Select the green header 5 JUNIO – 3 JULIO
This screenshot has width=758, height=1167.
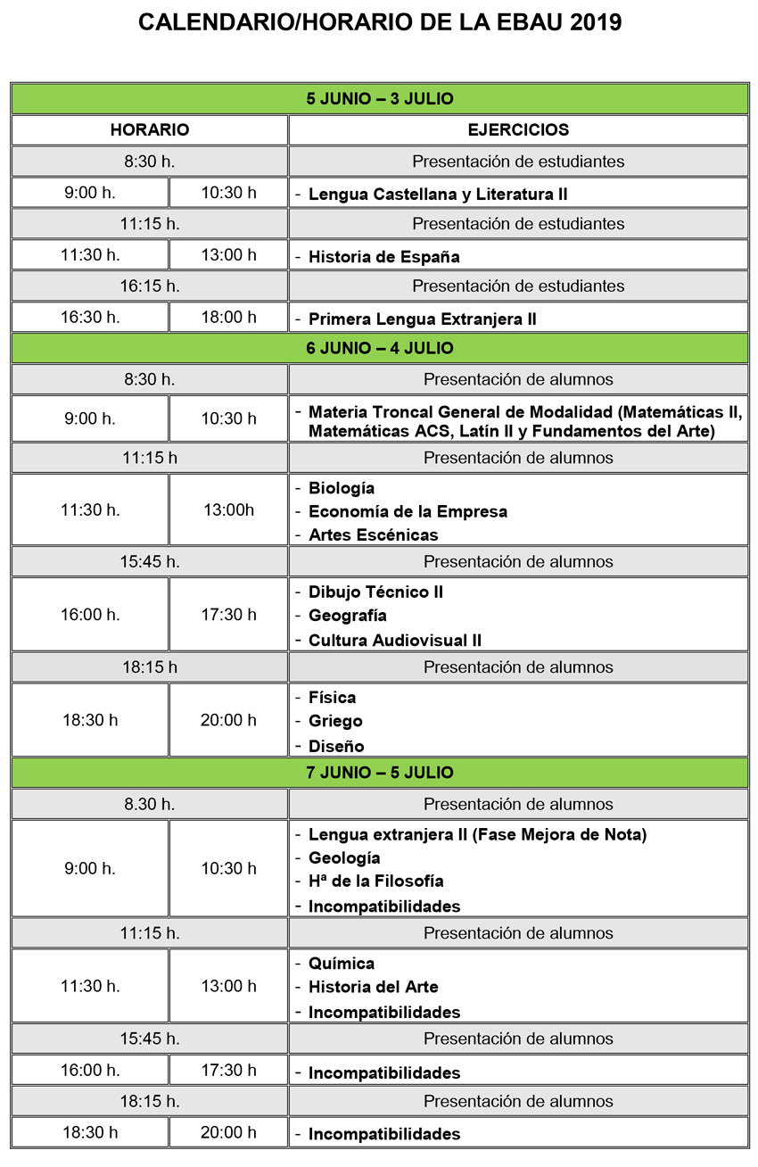coord(380,99)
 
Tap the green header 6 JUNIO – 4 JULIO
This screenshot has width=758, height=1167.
coord(380,349)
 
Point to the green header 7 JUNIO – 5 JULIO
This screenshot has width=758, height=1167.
coord(380,773)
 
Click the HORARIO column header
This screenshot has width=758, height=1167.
coord(150,130)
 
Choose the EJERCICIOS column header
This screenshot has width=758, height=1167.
coord(518,130)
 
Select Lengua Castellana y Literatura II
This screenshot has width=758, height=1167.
coord(438,194)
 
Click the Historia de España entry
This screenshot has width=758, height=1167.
coord(384,257)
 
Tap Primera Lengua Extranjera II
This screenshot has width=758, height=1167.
coord(422,319)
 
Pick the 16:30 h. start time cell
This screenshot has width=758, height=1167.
coord(90,318)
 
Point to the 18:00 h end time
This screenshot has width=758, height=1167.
coord(228,318)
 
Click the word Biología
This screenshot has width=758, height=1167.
coord(342,489)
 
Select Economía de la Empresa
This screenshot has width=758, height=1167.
coord(408,512)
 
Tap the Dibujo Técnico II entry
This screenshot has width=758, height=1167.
coord(375,592)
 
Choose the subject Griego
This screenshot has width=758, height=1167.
coord(335,721)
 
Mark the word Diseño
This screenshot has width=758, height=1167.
coord(336,746)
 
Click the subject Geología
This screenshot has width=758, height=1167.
coord(344,858)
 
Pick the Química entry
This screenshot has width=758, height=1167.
coord(342,964)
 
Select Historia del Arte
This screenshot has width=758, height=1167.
coord(374,987)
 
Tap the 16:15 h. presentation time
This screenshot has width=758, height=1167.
coord(150,286)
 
